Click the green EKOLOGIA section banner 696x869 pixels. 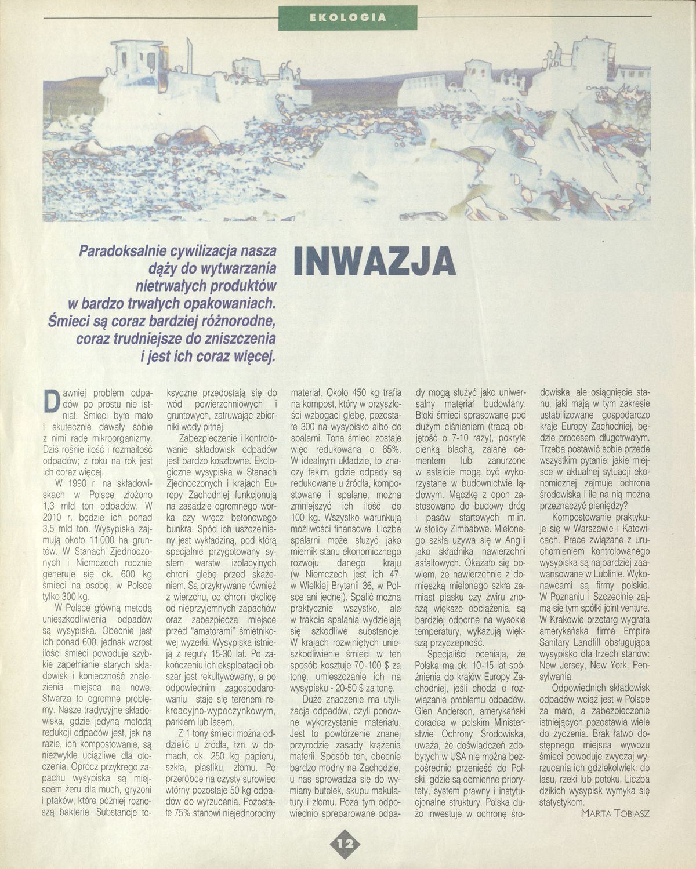click(347, 17)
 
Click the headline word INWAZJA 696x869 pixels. click(374, 262)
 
